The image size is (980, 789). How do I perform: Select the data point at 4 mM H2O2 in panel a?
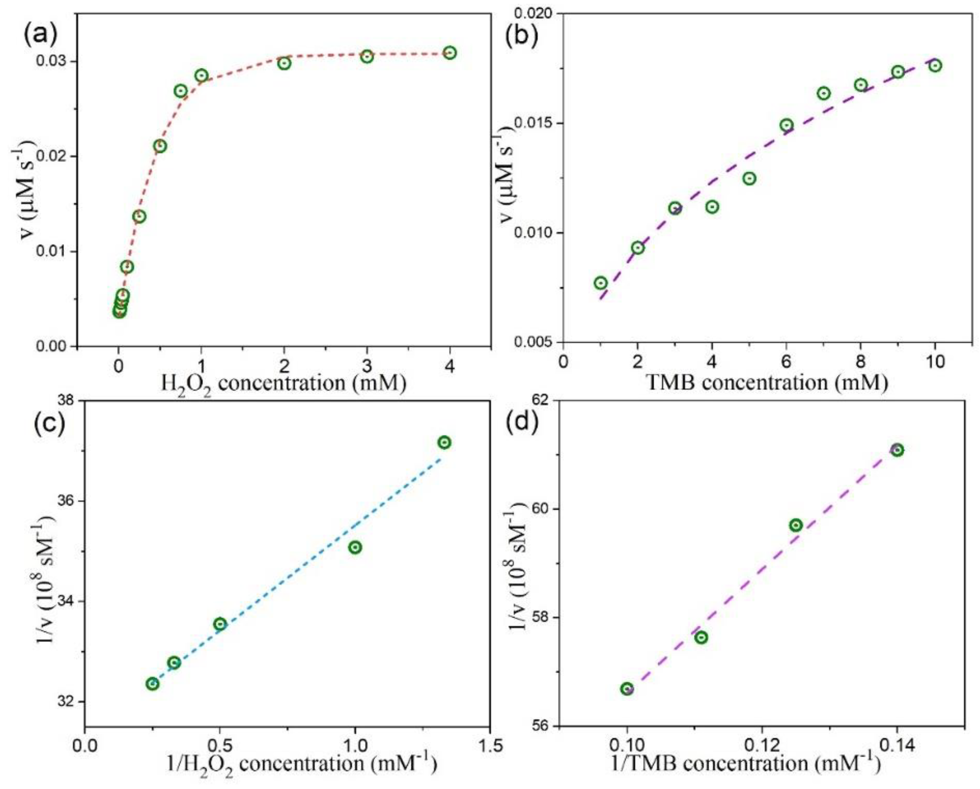click(x=450, y=53)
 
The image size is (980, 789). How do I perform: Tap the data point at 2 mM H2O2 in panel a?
click(x=285, y=63)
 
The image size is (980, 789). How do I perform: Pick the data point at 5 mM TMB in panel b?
click(x=749, y=179)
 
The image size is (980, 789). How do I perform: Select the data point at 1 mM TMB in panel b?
click(x=600, y=283)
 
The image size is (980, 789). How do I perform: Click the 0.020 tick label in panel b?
click(x=536, y=14)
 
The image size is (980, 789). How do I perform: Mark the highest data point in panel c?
click(x=445, y=443)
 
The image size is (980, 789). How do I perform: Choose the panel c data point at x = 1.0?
click(x=355, y=547)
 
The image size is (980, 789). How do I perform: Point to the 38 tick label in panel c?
click(x=68, y=401)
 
